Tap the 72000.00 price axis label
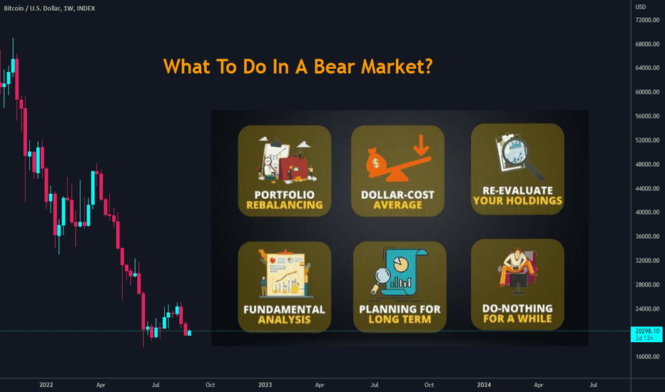tap(647, 20)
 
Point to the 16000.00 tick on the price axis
tap(647, 357)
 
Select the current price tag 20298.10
tap(646, 331)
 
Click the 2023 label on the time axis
tap(265, 385)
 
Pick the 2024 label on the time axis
tap(484, 385)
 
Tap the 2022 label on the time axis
tap(46, 385)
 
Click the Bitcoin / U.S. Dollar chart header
tap(50, 9)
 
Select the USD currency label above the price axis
tap(641, 7)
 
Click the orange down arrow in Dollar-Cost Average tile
tap(421, 145)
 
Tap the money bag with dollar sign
tap(375, 161)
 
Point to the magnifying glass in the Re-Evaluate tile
tap(520, 155)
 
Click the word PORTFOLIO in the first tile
tap(284, 195)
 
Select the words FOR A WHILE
tap(517, 319)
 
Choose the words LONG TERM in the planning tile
tap(400, 319)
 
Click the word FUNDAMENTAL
tap(284, 309)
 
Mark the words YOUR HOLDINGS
tap(517, 200)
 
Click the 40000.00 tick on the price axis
tap(647, 212)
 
